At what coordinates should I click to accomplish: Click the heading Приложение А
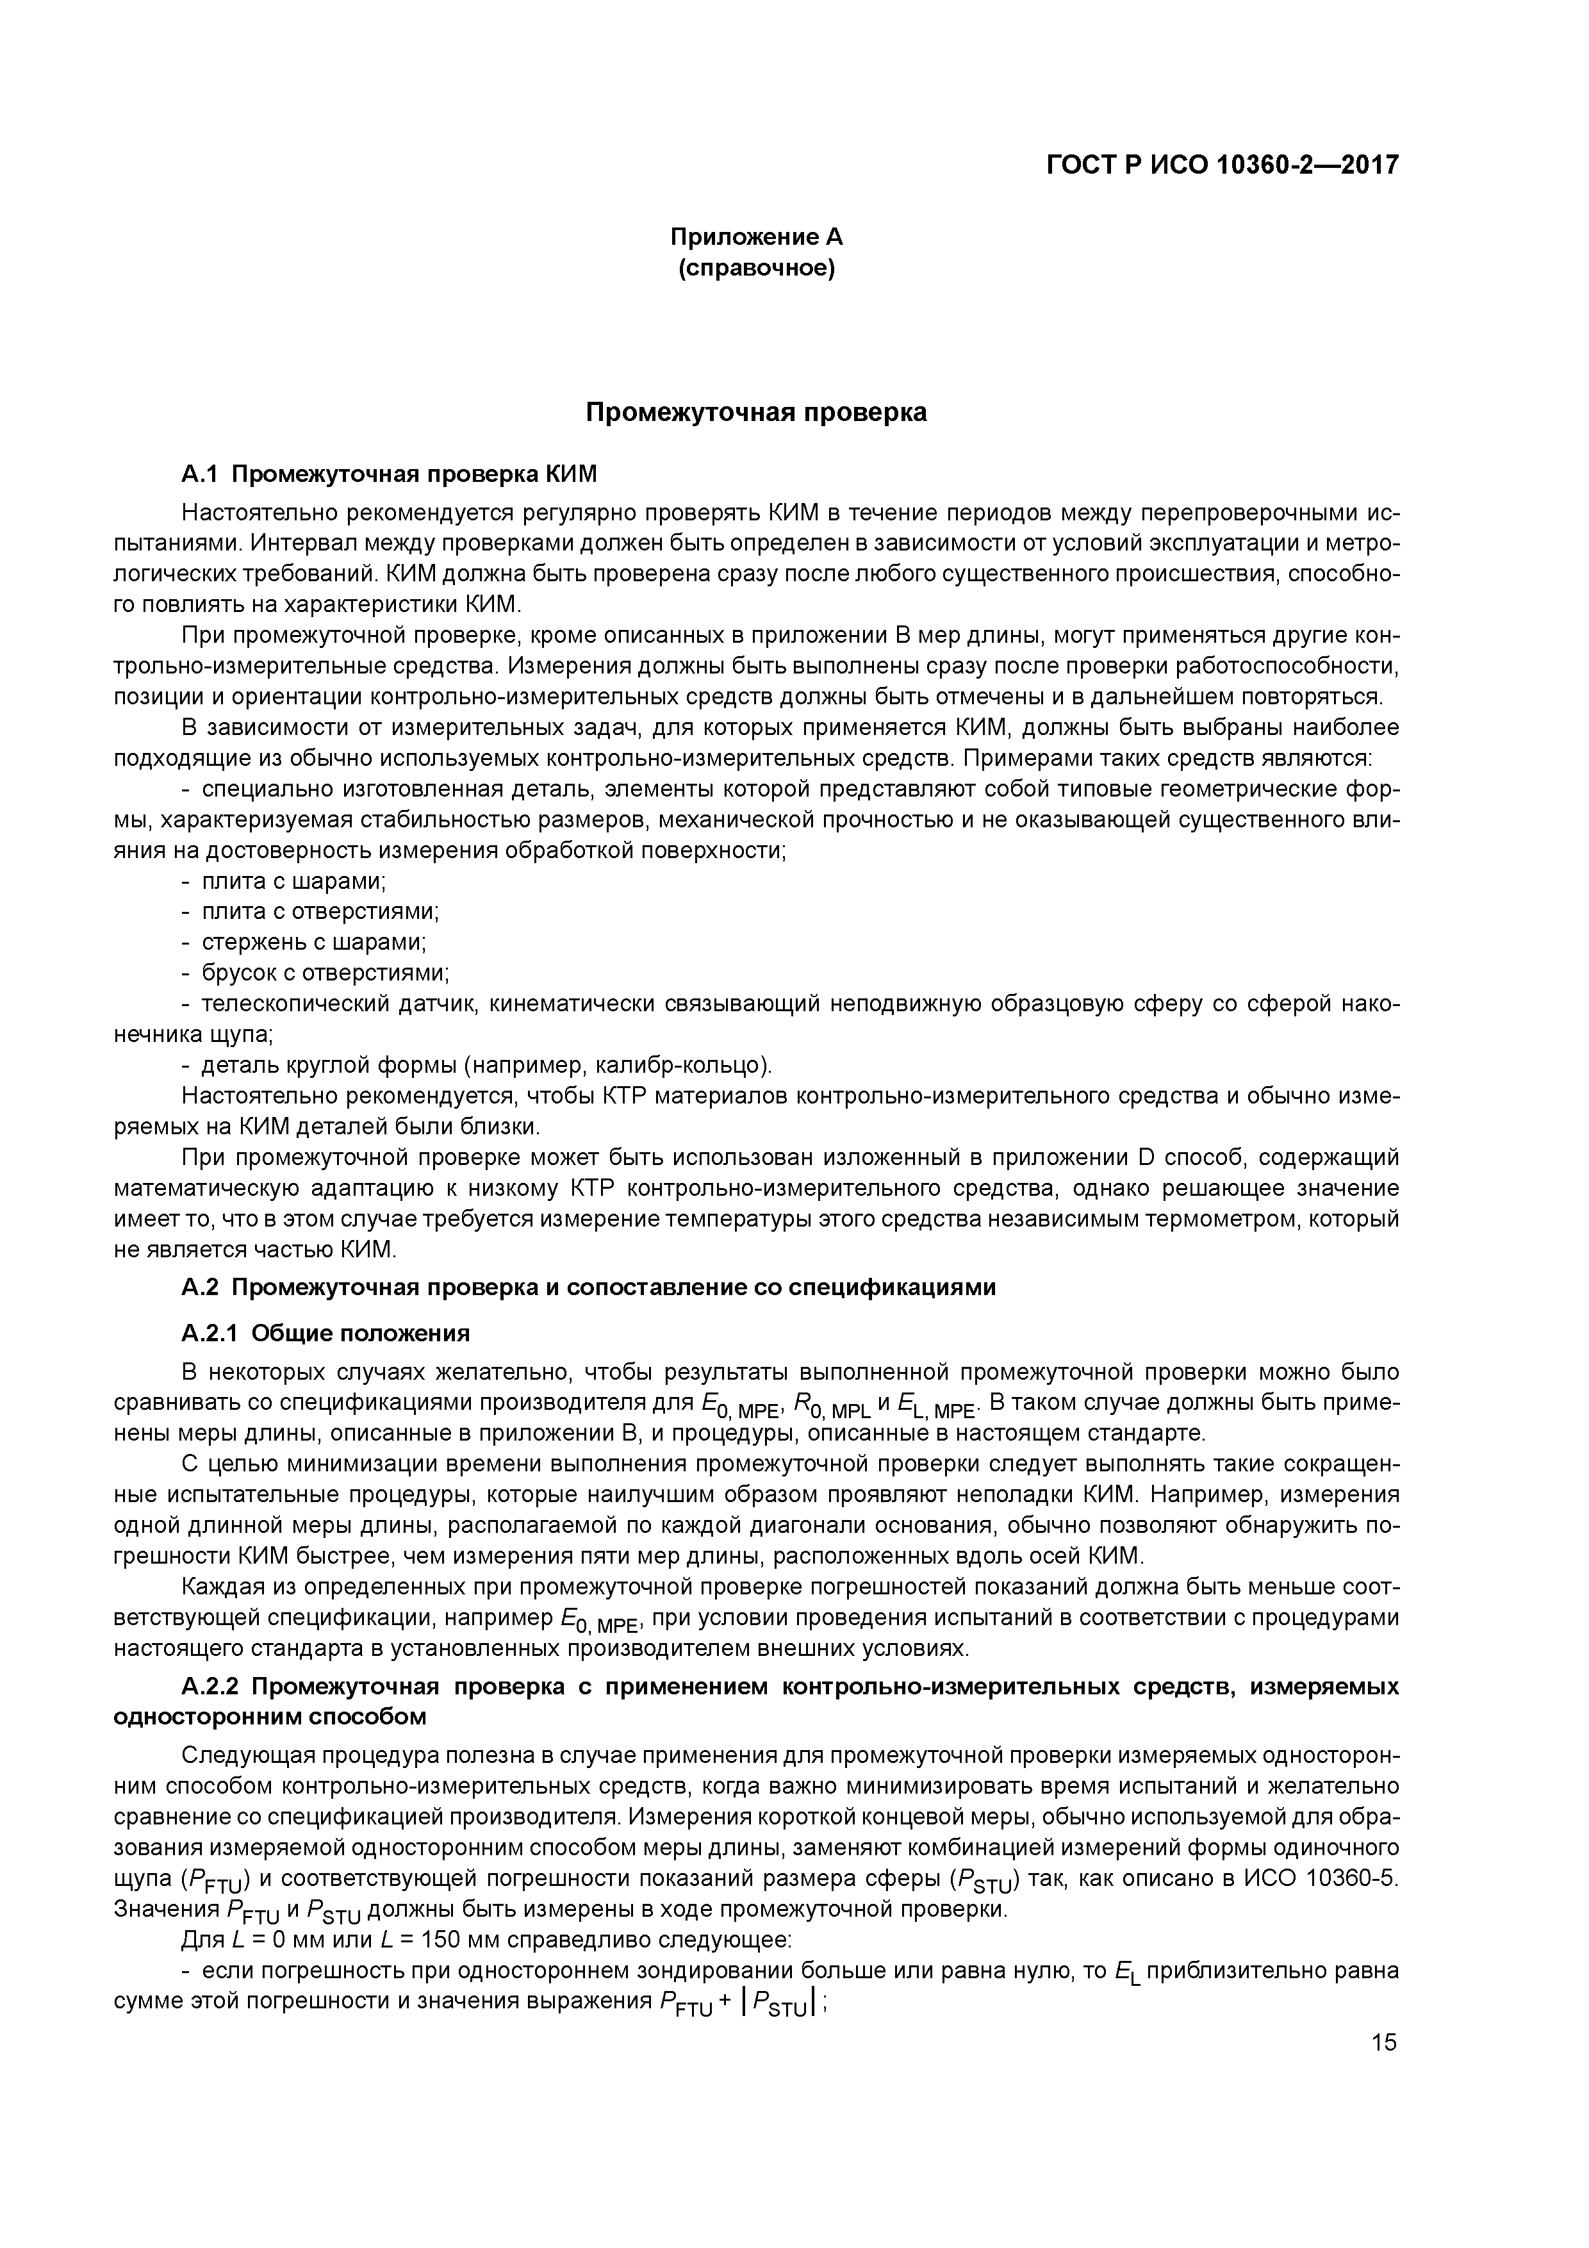(x=756, y=237)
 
